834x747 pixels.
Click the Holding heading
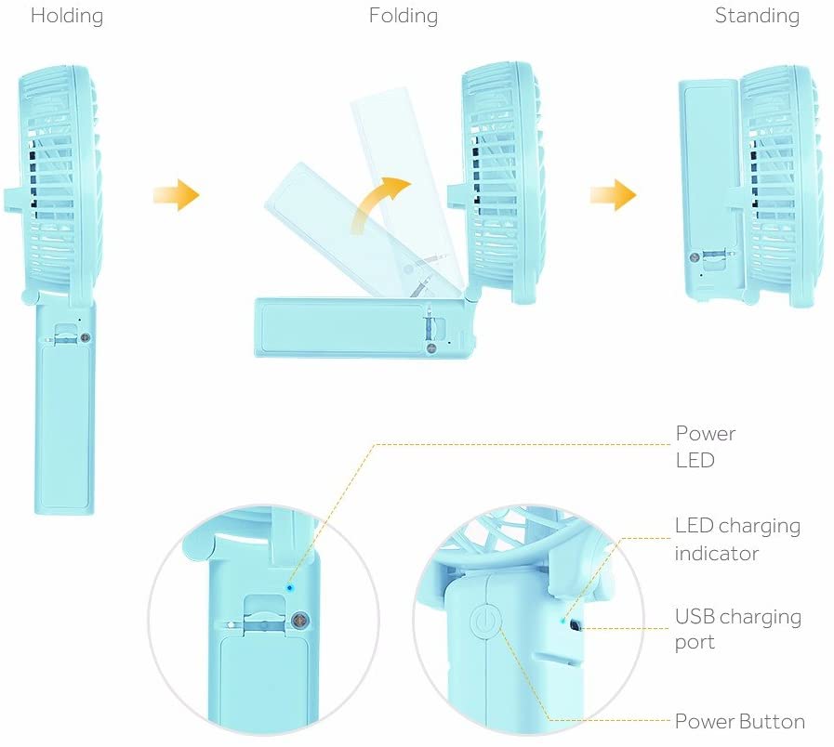67,16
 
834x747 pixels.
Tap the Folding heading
403,16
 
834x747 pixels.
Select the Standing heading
757,16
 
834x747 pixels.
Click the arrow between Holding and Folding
176,195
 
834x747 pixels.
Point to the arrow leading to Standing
613,195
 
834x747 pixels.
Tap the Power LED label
705,446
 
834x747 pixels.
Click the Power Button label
739,722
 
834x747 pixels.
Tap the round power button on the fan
487,622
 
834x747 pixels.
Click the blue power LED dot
289,587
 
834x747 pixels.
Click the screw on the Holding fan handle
86,340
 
